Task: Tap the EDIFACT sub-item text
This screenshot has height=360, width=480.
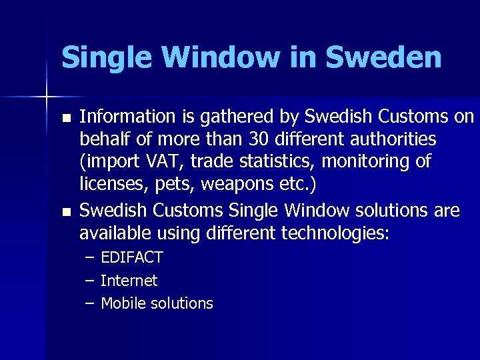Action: click(x=132, y=258)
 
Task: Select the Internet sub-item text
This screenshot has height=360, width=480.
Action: click(x=129, y=281)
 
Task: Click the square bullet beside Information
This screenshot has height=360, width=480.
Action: click(x=64, y=119)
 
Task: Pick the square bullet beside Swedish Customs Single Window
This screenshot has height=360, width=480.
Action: click(x=64, y=213)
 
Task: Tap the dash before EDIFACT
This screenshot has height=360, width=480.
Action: click(x=89, y=258)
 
